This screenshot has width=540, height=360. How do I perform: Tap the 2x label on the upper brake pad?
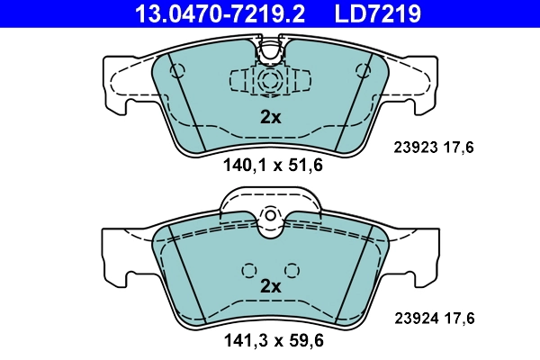point(270,116)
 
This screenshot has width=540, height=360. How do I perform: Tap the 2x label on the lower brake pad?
point(270,286)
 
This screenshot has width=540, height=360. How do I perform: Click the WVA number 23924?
point(413,317)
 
